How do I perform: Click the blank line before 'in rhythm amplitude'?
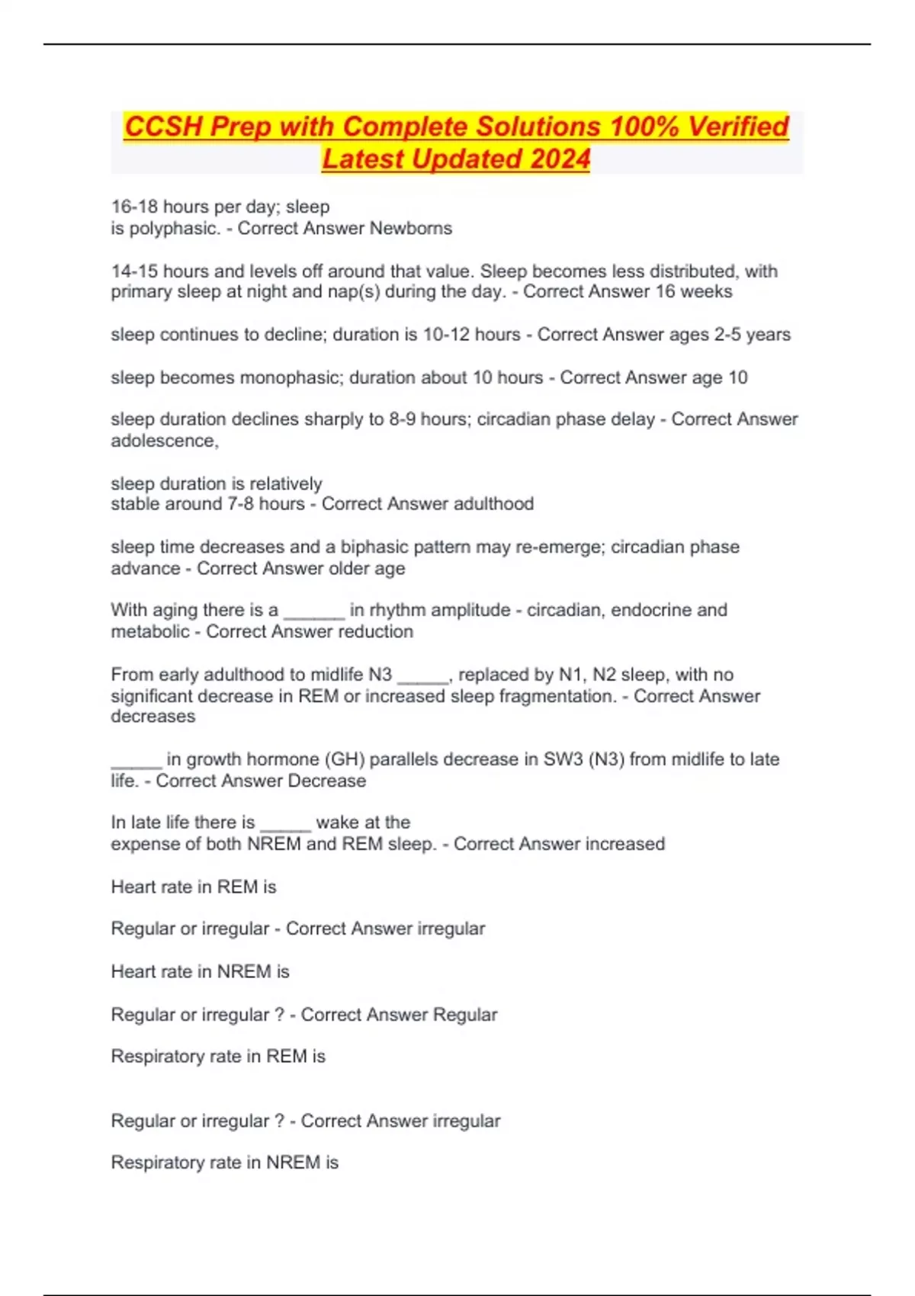click(314, 613)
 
